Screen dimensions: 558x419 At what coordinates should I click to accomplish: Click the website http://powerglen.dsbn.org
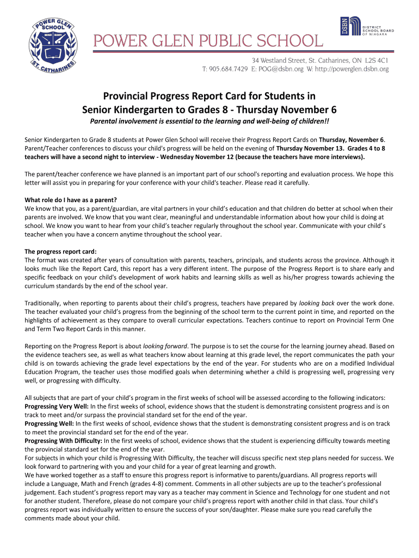(x=352, y=69)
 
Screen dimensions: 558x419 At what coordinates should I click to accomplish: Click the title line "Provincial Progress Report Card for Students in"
(x=209, y=96)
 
